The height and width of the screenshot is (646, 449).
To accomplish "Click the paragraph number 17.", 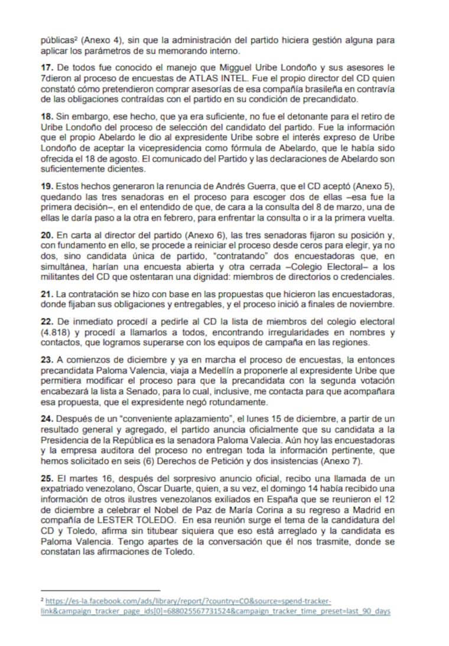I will [46, 68].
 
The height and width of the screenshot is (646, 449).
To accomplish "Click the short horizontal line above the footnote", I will [100, 590].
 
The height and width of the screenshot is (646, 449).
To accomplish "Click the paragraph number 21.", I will [46, 294].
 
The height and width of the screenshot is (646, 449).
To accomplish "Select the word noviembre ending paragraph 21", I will [370, 304].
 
